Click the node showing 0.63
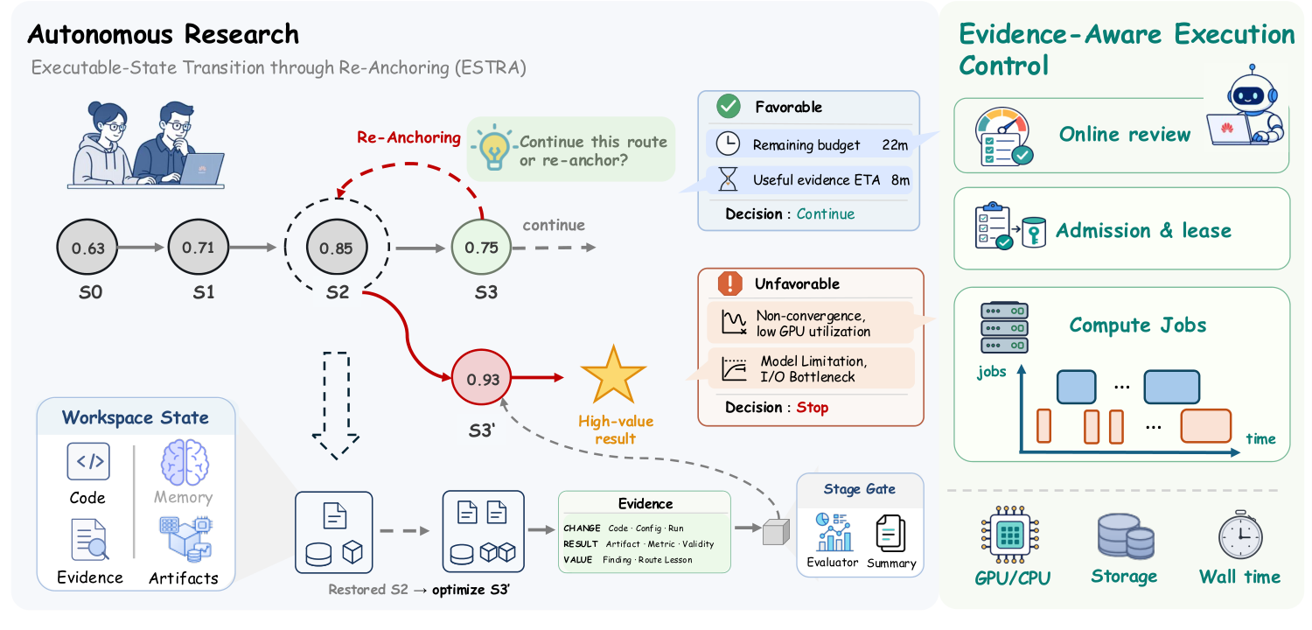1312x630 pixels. click(x=87, y=248)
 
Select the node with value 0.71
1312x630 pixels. click(x=198, y=247)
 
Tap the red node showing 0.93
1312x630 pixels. click(x=481, y=378)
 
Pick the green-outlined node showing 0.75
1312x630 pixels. click(x=481, y=247)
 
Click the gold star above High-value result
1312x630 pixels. click(x=613, y=375)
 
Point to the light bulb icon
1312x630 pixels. click(x=494, y=146)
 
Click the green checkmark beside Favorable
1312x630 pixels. click(x=728, y=106)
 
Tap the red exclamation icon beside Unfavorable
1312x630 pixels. click(x=729, y=283)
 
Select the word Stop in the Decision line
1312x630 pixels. click(x=812, y=407)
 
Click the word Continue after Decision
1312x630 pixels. click(x=826, y=213)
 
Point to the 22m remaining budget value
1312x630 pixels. click(x=895, y=144)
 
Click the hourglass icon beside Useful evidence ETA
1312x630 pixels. click(x=728, y=178)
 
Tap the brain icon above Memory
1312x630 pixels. click(x=185, y=462)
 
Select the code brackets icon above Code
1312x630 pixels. click(x=88, y=461)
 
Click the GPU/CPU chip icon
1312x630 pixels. click(x=1009, y=535)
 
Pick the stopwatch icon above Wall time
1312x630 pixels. click(x=1240, y=535)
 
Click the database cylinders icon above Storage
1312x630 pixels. click(x=1125, y=536)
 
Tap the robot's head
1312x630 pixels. click(x=1252, y=93)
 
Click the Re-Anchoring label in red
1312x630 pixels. click(x=408, y=137)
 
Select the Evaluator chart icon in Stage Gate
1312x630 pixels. click(x=834, y=532)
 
